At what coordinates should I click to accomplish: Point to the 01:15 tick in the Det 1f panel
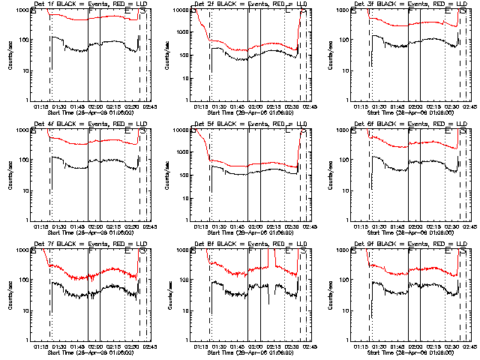(42, 106)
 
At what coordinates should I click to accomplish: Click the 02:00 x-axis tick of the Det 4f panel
(95, 226)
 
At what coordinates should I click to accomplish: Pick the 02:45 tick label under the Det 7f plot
(150, 346)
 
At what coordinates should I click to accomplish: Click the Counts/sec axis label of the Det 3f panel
(331, 55)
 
